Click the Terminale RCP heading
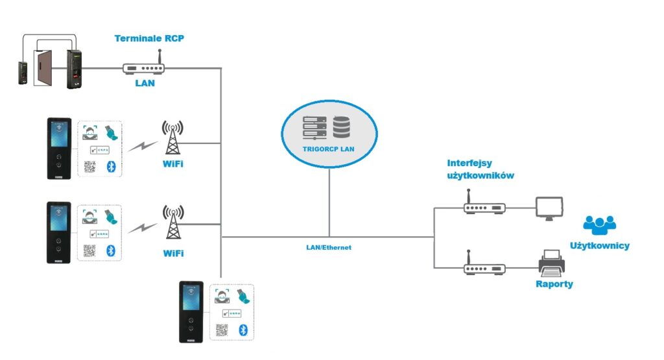point(149,38)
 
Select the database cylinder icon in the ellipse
point(342,126)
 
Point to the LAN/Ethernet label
point(329,248)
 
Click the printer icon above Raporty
point(552,262)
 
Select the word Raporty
point(554,284)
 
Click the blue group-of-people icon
point(599,224)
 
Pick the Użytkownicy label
point(599,246)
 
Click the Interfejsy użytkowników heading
point(480,169)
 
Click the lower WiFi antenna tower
point(172,222)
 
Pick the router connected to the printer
point(484,265)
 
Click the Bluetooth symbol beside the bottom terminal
point(244,330)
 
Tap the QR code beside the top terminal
point(89,167)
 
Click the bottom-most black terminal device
point(191,311)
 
